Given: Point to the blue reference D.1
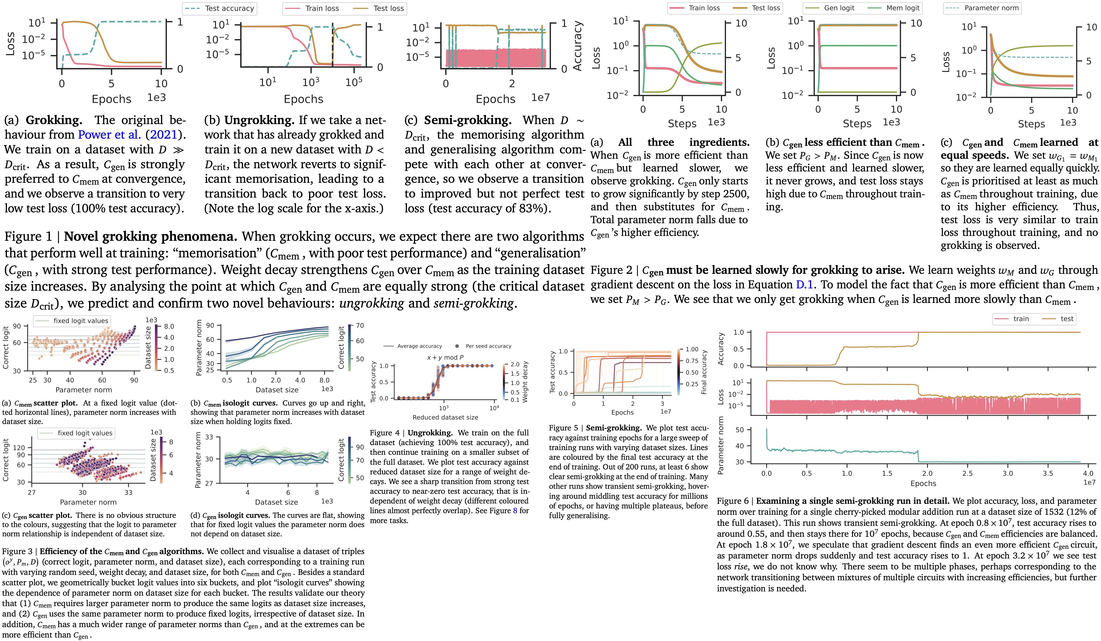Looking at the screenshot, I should [804, 285].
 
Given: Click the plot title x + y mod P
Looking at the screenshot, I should [445, 357].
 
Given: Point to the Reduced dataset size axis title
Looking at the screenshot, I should [445, 418].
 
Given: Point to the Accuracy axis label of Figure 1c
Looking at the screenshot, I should [578, 46].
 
